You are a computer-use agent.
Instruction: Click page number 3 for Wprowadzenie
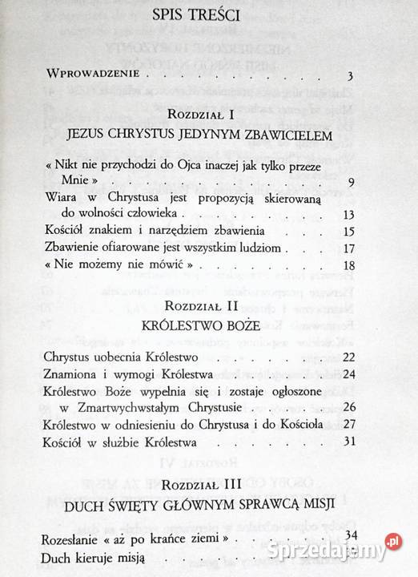(x=351, y=77)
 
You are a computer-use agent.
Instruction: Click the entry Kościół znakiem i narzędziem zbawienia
(x=143, y=232)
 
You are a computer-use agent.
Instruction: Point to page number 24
(x=348, y=373)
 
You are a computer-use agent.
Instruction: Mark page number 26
(x=348, y=407)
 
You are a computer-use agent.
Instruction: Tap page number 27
(x=348, y=425)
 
